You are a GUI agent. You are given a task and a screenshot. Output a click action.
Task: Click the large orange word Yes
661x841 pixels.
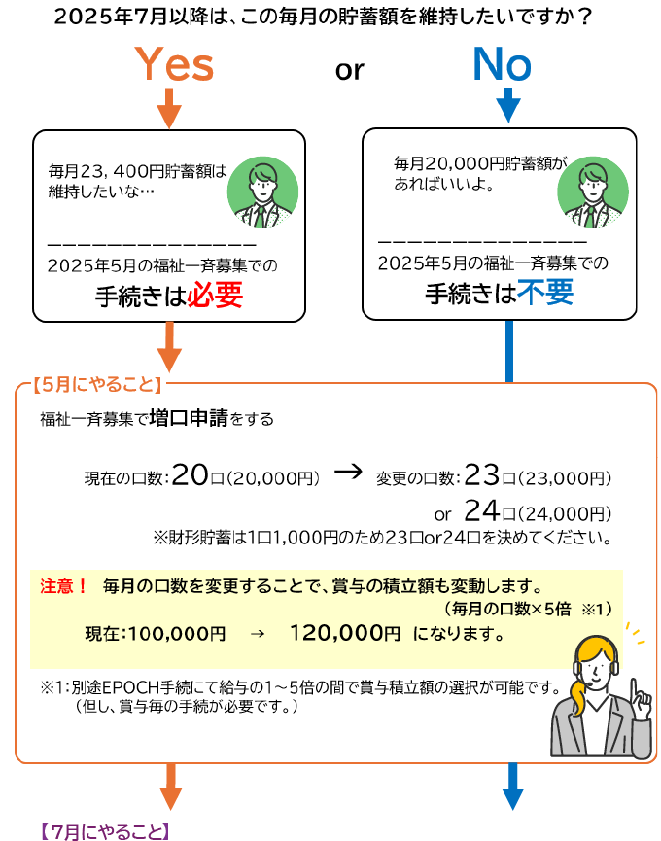tap(174, 66)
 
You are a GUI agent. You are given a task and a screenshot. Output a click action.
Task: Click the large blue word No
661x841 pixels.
tap(502, 65)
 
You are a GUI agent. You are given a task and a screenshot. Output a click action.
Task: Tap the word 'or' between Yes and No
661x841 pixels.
tap(349, 70)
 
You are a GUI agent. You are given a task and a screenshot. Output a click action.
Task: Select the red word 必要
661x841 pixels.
tap(214, 296)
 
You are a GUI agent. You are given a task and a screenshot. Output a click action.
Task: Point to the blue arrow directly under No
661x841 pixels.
tap(508, 105)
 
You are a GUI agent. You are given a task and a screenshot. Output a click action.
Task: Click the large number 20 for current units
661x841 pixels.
tap(191, 475)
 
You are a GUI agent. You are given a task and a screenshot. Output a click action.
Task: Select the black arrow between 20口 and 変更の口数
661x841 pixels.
tap(347, 473)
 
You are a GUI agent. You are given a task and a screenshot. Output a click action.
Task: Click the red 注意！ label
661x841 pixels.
tap(64, 586)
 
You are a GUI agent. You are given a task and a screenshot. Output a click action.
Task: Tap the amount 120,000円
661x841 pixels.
tap(345, 634)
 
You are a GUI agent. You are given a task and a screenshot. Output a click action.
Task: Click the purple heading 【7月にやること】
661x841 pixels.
tap(105, 831)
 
